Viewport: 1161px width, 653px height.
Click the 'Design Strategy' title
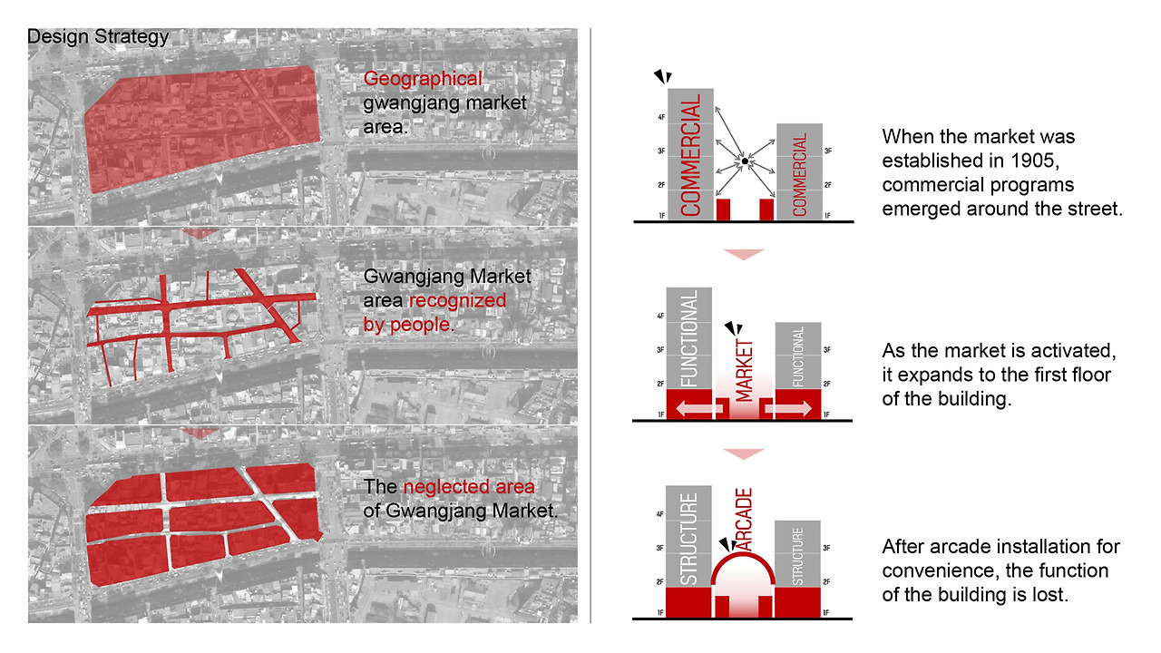click(x=98, y=37)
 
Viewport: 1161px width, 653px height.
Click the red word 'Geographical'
click(x=423, y=79)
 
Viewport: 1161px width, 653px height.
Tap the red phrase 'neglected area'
click(x=469, y=487)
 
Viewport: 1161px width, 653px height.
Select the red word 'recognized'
click(x=457, y=300)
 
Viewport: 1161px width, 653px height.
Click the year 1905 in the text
click(x=1031, y=161)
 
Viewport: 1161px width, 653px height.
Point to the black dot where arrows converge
click(x=745, y=161)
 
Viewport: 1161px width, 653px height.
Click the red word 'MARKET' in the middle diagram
click(x=745, y=371)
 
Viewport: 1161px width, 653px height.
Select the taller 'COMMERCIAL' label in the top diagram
click(x=690, y=154)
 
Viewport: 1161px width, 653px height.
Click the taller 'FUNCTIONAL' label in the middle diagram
click(x=689, y=338)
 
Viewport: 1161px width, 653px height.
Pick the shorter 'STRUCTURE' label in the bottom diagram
click(x=797, y=556)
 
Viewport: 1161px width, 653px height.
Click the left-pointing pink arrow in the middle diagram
click(x=699, y=408)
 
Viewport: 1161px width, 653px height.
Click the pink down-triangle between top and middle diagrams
click(x=743, y=255)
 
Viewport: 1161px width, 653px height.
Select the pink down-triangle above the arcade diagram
click(x=743, y=454)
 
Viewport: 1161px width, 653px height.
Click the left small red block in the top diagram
click(x=723, y=210)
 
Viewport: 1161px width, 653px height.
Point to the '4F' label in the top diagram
click(x=661, y=118)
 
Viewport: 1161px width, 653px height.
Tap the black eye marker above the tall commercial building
click(x=663, y=77)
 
